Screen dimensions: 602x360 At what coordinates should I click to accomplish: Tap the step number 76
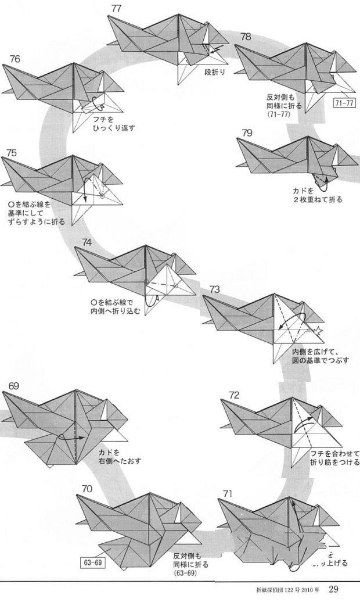(x=15, y=59)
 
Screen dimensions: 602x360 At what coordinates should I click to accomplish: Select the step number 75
(x=11, y=153)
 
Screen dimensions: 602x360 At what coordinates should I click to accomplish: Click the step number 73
(x=215, y=289)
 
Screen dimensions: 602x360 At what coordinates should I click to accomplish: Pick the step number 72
(x=234, y=395)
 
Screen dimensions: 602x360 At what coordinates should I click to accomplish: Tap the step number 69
(x=15, y=386)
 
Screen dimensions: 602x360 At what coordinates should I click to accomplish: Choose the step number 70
(x=88, y=489)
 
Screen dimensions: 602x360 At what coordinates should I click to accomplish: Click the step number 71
(x=226, y=494)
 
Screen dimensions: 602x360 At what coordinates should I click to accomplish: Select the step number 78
(x=246, y=37)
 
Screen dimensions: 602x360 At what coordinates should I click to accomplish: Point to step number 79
(x=247, y=133)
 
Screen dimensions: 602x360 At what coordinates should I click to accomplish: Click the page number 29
(x=334, y=589)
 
